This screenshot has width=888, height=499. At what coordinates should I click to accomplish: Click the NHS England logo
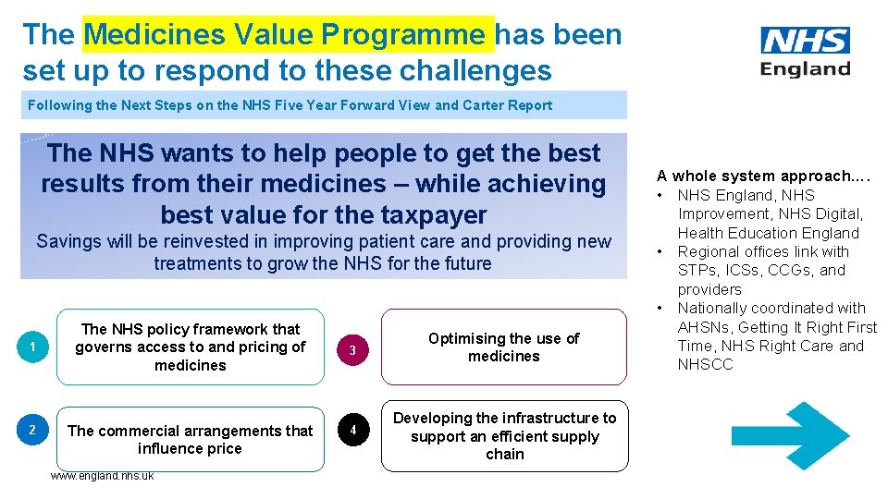[x=805, y=53]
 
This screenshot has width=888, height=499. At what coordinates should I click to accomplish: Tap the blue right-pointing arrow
[x=777, y=437]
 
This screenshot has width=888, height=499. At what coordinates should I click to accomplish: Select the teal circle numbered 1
[x=32, y=347]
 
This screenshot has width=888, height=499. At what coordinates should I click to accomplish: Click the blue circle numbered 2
[x=32, y=430]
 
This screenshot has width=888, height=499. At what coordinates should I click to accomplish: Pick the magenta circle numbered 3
[x=351, y=348]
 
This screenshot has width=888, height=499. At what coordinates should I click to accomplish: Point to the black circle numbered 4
[x=351, y=430]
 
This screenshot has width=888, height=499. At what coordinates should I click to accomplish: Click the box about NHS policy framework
[x=191, y=347]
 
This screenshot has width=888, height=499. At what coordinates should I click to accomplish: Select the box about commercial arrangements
[x=191, y=439]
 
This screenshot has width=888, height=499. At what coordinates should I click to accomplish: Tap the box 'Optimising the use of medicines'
[x=503, y=347]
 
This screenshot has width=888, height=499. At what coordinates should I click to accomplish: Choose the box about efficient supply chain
[x=504, y=436]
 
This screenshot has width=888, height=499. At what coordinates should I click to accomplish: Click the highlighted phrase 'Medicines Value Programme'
[x=289, y=35]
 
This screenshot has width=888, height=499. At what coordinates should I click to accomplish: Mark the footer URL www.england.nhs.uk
[x=102, y=476]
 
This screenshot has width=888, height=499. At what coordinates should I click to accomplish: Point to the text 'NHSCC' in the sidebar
[x=705, y=364]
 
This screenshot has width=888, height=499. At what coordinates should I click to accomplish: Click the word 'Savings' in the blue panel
[x=68, y=242]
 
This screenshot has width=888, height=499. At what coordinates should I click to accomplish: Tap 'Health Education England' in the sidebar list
[x=768, y=233]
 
